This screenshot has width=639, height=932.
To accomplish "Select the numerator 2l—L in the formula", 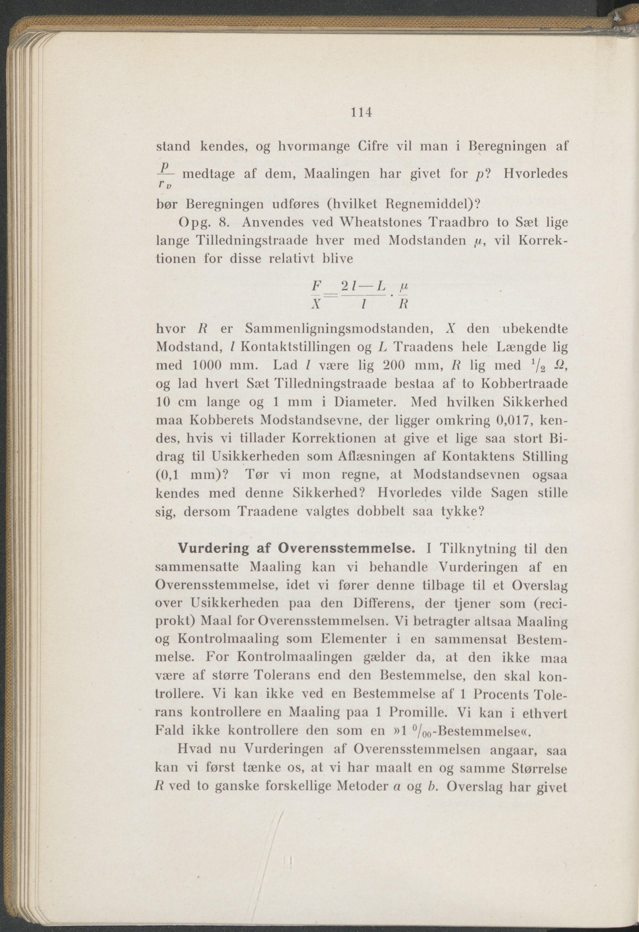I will (x=363, y=286).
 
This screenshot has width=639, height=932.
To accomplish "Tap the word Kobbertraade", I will (x=524, y=383).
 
